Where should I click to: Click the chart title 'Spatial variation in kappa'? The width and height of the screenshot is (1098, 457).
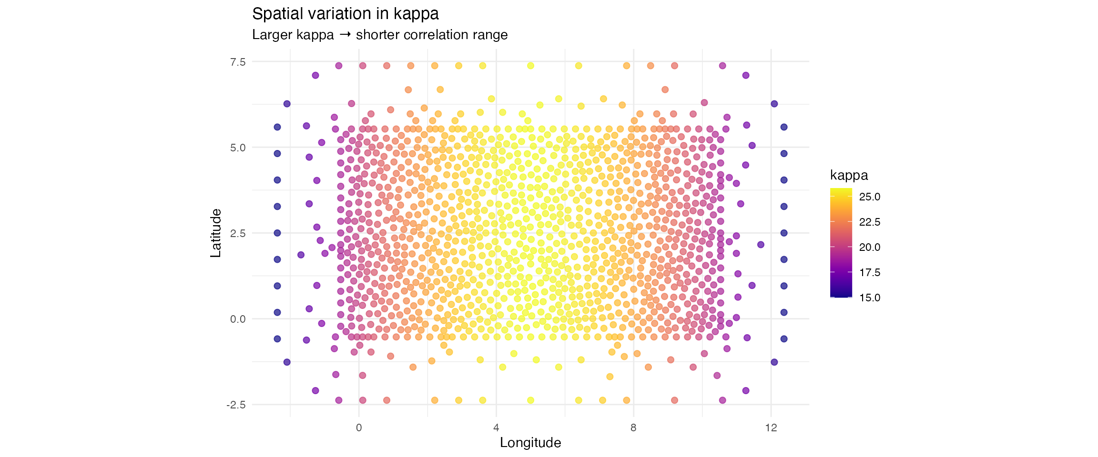(x=345, y=14)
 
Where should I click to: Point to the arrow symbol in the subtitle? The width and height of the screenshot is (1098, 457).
(x=345, y=35)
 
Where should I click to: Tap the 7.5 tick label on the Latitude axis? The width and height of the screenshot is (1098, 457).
(x=238, y=62)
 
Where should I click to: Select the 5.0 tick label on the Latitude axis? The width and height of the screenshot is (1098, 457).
(x=238, y=148)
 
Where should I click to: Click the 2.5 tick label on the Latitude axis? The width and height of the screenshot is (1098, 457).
(x=238, y=233)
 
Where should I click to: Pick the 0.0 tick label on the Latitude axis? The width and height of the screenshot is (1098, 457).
(x=238, y=319)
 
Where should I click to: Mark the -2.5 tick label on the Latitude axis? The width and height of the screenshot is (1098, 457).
(x=236, y=405)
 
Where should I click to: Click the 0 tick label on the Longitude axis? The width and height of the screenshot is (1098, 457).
(x=359, y=427)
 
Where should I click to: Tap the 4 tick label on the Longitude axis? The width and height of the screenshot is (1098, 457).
(x=496, y=427)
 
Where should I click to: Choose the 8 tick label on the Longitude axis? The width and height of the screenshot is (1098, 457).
(x=633, y=427)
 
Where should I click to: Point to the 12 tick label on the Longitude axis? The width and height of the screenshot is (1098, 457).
(x=771, y=427)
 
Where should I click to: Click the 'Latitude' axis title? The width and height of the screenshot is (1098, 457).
(x=216, y=233)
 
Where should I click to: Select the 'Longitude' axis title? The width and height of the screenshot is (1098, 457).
(x=530, y=443)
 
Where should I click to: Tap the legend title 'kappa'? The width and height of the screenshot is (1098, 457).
(x=849, y=175)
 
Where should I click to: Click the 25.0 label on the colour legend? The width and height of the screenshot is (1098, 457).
(x=869, y=197)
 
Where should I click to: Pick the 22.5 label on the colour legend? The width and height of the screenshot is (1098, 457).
(x=869, y=222)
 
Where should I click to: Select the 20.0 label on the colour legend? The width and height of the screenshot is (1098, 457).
(x=869, y=248)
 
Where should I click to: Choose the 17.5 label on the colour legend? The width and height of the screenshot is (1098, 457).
(x=869, y=273)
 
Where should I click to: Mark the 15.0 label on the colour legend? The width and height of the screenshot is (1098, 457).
(x=869, y=298)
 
